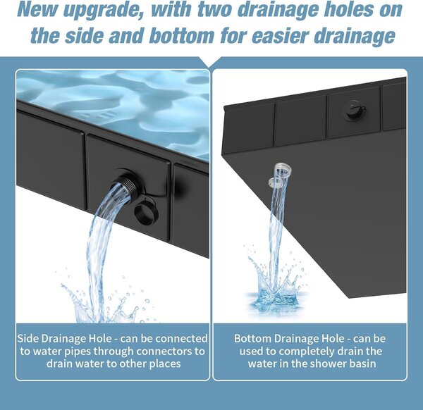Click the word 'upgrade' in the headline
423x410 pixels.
(x=103, y=10)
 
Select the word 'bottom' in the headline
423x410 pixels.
(x=181, y=36)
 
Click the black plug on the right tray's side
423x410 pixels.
(x=354, y=110)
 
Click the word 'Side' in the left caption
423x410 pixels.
(x=27, y=339)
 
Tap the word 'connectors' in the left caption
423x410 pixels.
(x=163, y=352)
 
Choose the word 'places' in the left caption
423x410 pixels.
(x=165, y=364)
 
